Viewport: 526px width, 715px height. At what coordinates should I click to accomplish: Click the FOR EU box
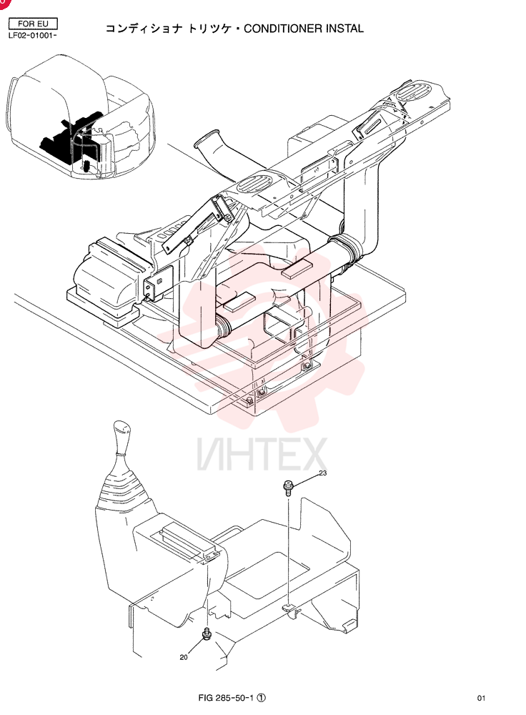(x=34, y=24)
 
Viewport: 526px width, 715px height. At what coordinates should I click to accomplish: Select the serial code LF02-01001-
(x=32, y=36)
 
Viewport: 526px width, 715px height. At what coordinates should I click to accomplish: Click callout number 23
(x=323, y=473)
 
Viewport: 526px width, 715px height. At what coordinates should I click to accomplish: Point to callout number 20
(x=184, y=657)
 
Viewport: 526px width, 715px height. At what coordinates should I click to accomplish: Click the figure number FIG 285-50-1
(x=227, y=698)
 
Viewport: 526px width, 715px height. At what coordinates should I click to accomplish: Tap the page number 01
(x=481, y=698)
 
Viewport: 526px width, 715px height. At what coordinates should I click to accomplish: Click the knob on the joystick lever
(x=121, y=438)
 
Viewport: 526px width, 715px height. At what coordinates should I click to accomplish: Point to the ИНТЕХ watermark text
(x=262, y=454)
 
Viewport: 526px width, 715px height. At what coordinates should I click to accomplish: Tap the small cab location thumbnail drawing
(x=81, y=117)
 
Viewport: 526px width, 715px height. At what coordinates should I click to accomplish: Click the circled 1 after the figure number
(x=261, y=698)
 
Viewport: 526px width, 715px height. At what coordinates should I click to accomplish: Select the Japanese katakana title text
(x=172, y=29)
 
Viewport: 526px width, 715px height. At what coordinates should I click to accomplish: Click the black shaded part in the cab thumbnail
(x=69, y=137)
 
